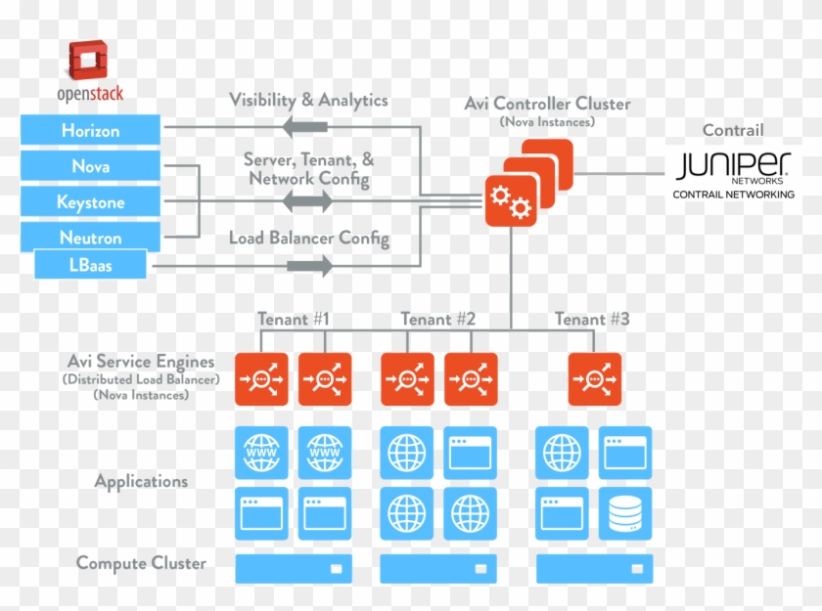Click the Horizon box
pyautogui.click(x=90, y=130)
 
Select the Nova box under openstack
pyautogui.click(x=90, y=166)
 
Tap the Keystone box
pyautogui.click(x=90, y=202)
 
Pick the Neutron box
pyautogui.click(x=90, y=238)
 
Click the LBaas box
pyautogui.click(x=90, y=264)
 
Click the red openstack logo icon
pyautogui.click(x=88, y=60)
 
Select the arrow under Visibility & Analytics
pyautogui.click(x=304, y=126)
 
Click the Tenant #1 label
pyautogui.click(x=294, y=319)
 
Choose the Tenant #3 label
pyautogui.click(x=592, y=319)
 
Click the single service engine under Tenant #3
pyautogui.click(x=595, y=379)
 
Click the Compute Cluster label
pyautogui.click(x=141, y=563)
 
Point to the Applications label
pyautogui.click(x=141, y=481)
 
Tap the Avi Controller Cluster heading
pyautogui.click(x=548, y=104)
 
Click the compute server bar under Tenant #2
pyautogui.click(x=437, y=568)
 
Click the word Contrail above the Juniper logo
pyautogui.click(x=733, y=130)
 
